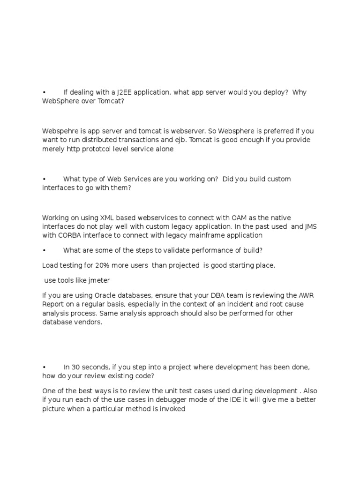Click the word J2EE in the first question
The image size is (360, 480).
(x=125, y=92)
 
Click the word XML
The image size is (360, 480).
(x=106, y=217)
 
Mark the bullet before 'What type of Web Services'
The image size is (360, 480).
(x=44, y=179)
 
